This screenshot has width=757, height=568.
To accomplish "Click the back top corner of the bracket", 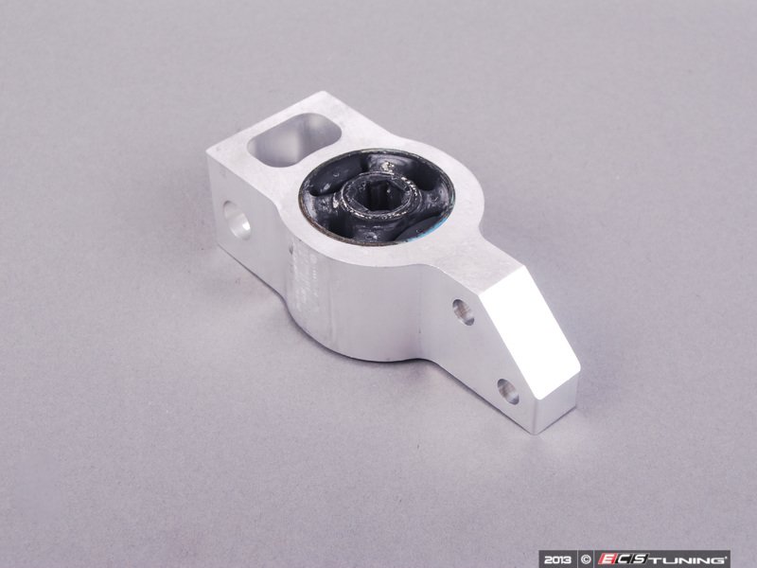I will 326,94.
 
